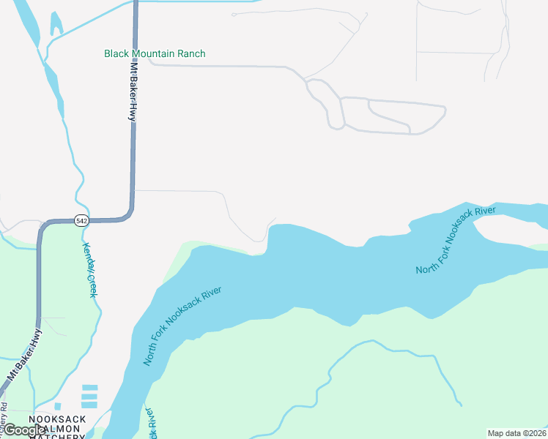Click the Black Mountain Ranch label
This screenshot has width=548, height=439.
155,53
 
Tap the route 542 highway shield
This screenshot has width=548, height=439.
81,220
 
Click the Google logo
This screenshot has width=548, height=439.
24,430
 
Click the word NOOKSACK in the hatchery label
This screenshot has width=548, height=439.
57,419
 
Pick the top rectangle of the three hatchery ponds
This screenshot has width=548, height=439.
89,387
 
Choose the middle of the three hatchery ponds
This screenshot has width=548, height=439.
89,396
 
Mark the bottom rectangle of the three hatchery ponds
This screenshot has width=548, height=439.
89,405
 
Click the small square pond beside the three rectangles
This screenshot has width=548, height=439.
58,406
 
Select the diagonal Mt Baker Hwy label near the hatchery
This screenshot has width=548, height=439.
26,355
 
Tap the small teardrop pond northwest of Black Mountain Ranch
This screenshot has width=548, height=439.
55,24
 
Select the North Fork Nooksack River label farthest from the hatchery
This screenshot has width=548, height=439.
456,241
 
